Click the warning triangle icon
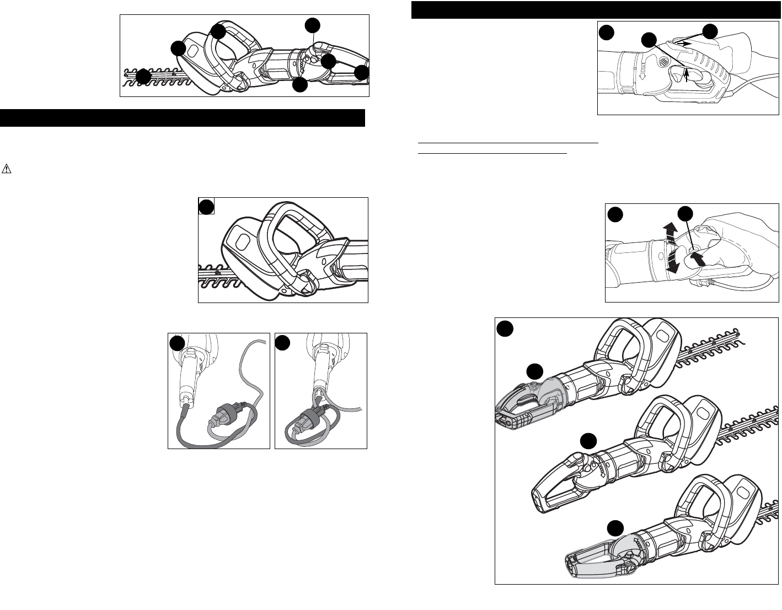pyautogui.click(x=7, y=169)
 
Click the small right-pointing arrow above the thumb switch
pyautogui.click(x=683, y=42)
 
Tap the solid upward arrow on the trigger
pyautogui.click(x=686, y=74)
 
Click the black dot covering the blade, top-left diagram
pyautogui.click(x=143, y=77)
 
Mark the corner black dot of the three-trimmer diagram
pyautogui.click(x=504, y=328)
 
